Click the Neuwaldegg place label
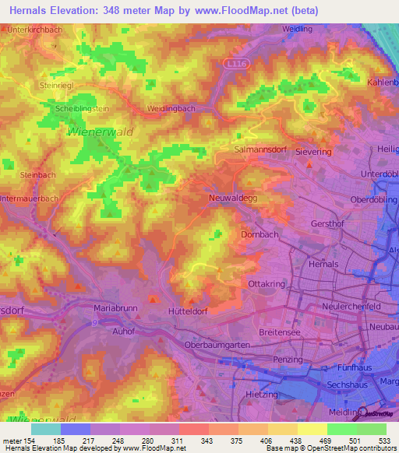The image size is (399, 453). coord(231,198)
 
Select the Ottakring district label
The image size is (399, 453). coord(263,284)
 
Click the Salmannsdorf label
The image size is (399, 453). coord(260,146)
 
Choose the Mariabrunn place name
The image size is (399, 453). coord(115,308)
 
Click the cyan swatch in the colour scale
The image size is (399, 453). coord(45,429)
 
